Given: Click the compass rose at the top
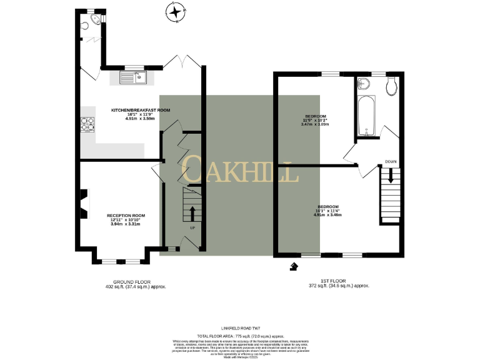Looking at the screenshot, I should click(176, 12).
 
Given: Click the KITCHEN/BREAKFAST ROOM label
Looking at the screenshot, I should click(140, 110).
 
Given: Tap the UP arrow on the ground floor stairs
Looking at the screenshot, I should click(192, 213).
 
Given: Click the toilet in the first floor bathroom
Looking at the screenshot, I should click(392, 87).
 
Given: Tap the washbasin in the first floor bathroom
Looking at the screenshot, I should click(363, 86).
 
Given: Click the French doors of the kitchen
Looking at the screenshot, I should click(181, 61).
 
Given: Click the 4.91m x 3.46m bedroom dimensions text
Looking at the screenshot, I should click(327, 215).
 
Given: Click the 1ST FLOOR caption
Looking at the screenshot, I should click(340, 282).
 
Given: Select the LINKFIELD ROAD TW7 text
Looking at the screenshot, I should click(239, 327).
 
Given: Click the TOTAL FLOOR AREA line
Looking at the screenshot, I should click(239, 336).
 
